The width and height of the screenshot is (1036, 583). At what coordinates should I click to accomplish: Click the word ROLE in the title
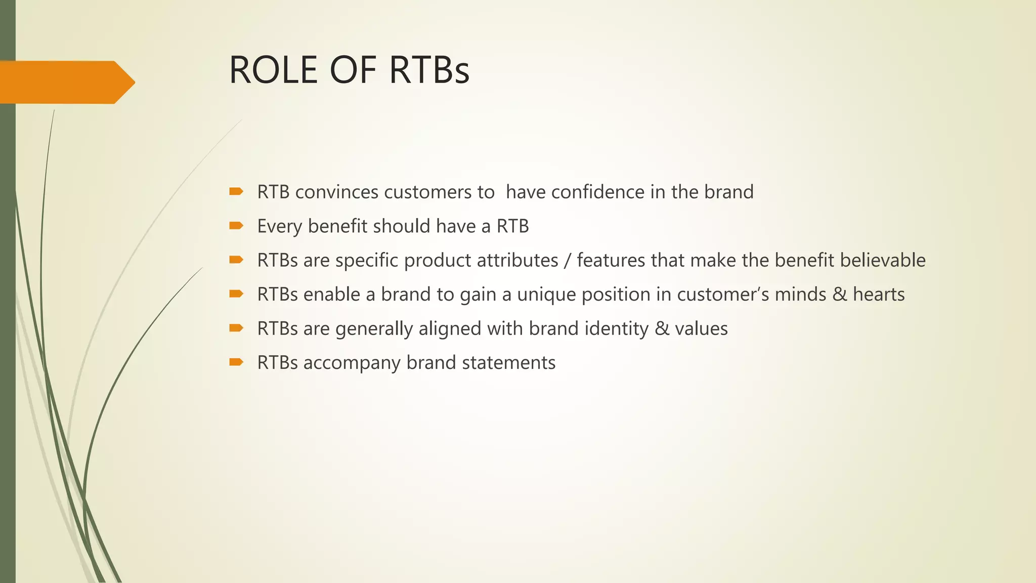pos(274,70)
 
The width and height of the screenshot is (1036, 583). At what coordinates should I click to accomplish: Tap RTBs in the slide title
pos(429,70)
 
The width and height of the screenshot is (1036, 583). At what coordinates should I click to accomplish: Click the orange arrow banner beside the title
pos(66,82)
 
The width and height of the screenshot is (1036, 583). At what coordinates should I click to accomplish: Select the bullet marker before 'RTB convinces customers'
pos(236,191)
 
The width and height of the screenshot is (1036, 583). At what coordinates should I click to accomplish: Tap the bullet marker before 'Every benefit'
pos(236,226)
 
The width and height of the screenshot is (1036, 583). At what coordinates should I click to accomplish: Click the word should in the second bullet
pos(402,226)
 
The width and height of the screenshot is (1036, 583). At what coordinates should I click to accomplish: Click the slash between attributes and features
pos(568,261)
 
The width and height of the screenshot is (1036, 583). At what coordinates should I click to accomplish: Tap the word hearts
pos(879,294)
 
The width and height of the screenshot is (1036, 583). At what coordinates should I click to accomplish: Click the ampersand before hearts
pos(840,294)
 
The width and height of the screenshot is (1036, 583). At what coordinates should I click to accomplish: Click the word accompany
pos(352,363)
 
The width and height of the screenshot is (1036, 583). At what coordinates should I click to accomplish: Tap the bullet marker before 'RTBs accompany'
pos(236,362)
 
